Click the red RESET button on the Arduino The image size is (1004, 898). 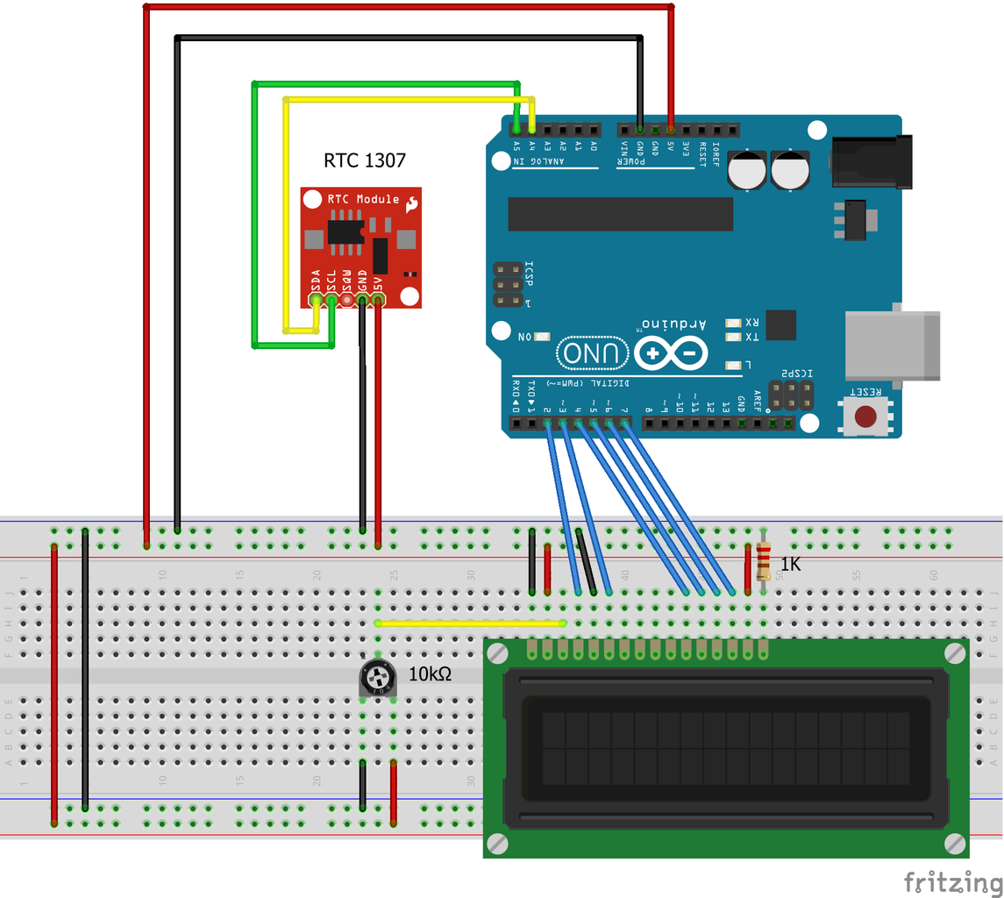click(868, 417)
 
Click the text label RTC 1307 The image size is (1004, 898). click(365, 160)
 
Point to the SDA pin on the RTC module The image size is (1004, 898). click(317, 300)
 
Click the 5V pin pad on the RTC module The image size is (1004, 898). click(378, 300)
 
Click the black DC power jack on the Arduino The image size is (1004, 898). click(872, 161)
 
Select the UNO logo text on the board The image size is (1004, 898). click(595, 353)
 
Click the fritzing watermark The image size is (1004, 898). click(951, 880)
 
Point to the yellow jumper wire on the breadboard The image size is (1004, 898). click(470, 624)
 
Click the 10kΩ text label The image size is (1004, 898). click(430, 674)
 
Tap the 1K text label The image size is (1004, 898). click(790, 565)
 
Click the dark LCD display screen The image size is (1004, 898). click(726, 748)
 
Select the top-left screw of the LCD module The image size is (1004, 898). click(497, 653)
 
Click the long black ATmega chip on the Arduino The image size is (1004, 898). click(620, 214)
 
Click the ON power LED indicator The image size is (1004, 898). click(541, 337)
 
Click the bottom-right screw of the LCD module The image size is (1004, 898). click(955, 843)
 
